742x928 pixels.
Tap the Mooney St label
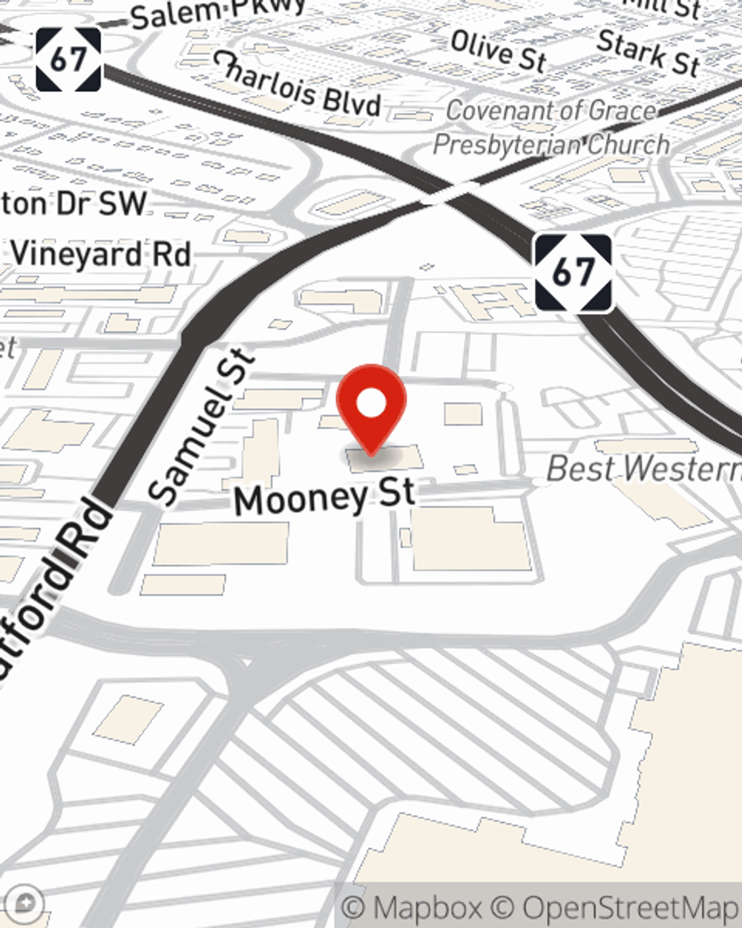[x=324, y=498]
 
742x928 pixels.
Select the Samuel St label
[x=201, y=426]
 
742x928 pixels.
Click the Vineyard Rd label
[x=101, y=255]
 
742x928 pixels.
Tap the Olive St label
[x=498, y=50]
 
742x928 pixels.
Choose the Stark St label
[x=649, y=52]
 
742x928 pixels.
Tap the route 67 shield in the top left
[x=68, y=59]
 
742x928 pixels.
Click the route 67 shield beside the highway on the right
[x=574, y=272]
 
